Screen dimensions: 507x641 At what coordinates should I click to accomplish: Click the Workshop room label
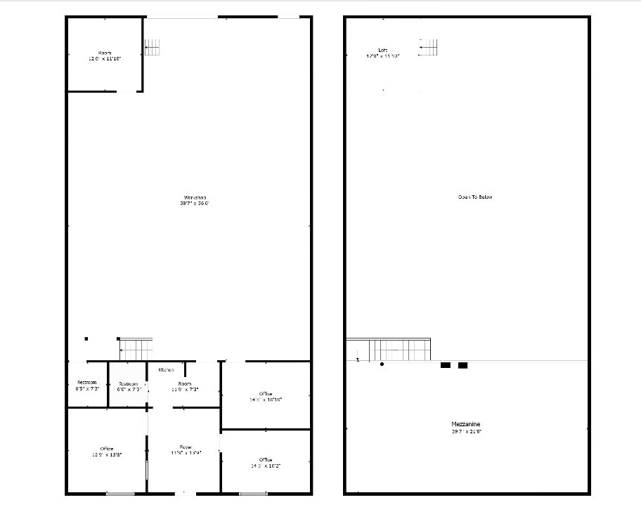tap(195, 200)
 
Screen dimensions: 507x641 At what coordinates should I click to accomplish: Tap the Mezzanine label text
tap(466, 428)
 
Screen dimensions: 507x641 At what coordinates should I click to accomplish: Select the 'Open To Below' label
tap(475, 197)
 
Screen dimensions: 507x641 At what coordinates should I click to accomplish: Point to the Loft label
tap(382, 53)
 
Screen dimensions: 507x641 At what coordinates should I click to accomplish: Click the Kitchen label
tap(166, 369)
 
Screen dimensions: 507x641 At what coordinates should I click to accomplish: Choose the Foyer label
tap(186, 449)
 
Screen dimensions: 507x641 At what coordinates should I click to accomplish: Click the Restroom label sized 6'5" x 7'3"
tap(86, 385)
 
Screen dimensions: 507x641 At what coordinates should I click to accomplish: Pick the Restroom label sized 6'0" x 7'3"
tap(129, 386)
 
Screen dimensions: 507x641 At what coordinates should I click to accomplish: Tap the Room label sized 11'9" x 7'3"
tap(185, 386)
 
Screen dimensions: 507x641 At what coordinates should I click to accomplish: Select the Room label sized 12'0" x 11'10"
tap(105, 56)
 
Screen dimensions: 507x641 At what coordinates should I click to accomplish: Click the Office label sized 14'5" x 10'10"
tap(266, 396)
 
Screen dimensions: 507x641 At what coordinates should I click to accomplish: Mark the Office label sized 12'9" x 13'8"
tap(107, 452)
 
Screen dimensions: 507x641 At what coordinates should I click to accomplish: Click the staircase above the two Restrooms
tap(136, 349)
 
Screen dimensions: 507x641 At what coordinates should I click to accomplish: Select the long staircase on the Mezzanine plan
tap(389, 350)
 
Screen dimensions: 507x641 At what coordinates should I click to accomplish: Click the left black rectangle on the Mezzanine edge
tap(445, 365)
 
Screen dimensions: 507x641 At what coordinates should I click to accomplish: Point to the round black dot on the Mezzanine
tap(382, 364)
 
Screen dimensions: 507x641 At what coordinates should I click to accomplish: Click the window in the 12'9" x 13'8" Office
tap(119, 494)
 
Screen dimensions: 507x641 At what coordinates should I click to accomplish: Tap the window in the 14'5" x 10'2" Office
tap(253, 494)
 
